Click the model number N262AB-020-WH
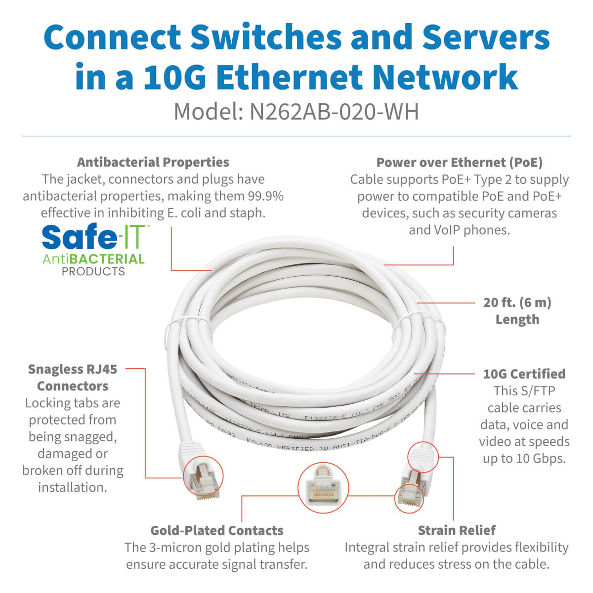(x=334, y=112)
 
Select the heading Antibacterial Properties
(x=153, y=162)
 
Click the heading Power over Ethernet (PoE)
(x=459, y=163)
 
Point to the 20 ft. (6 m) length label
(x=517, y=310)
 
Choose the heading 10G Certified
(x=524, y=374)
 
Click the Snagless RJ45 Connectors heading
(x=73, y=378)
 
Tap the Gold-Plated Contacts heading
(x=217, y=531)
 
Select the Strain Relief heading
(x=457, y=531)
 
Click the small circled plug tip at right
(x=410, y=498)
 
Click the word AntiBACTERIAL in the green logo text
(x=93, y=259)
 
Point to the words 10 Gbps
(x=535, y=459)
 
